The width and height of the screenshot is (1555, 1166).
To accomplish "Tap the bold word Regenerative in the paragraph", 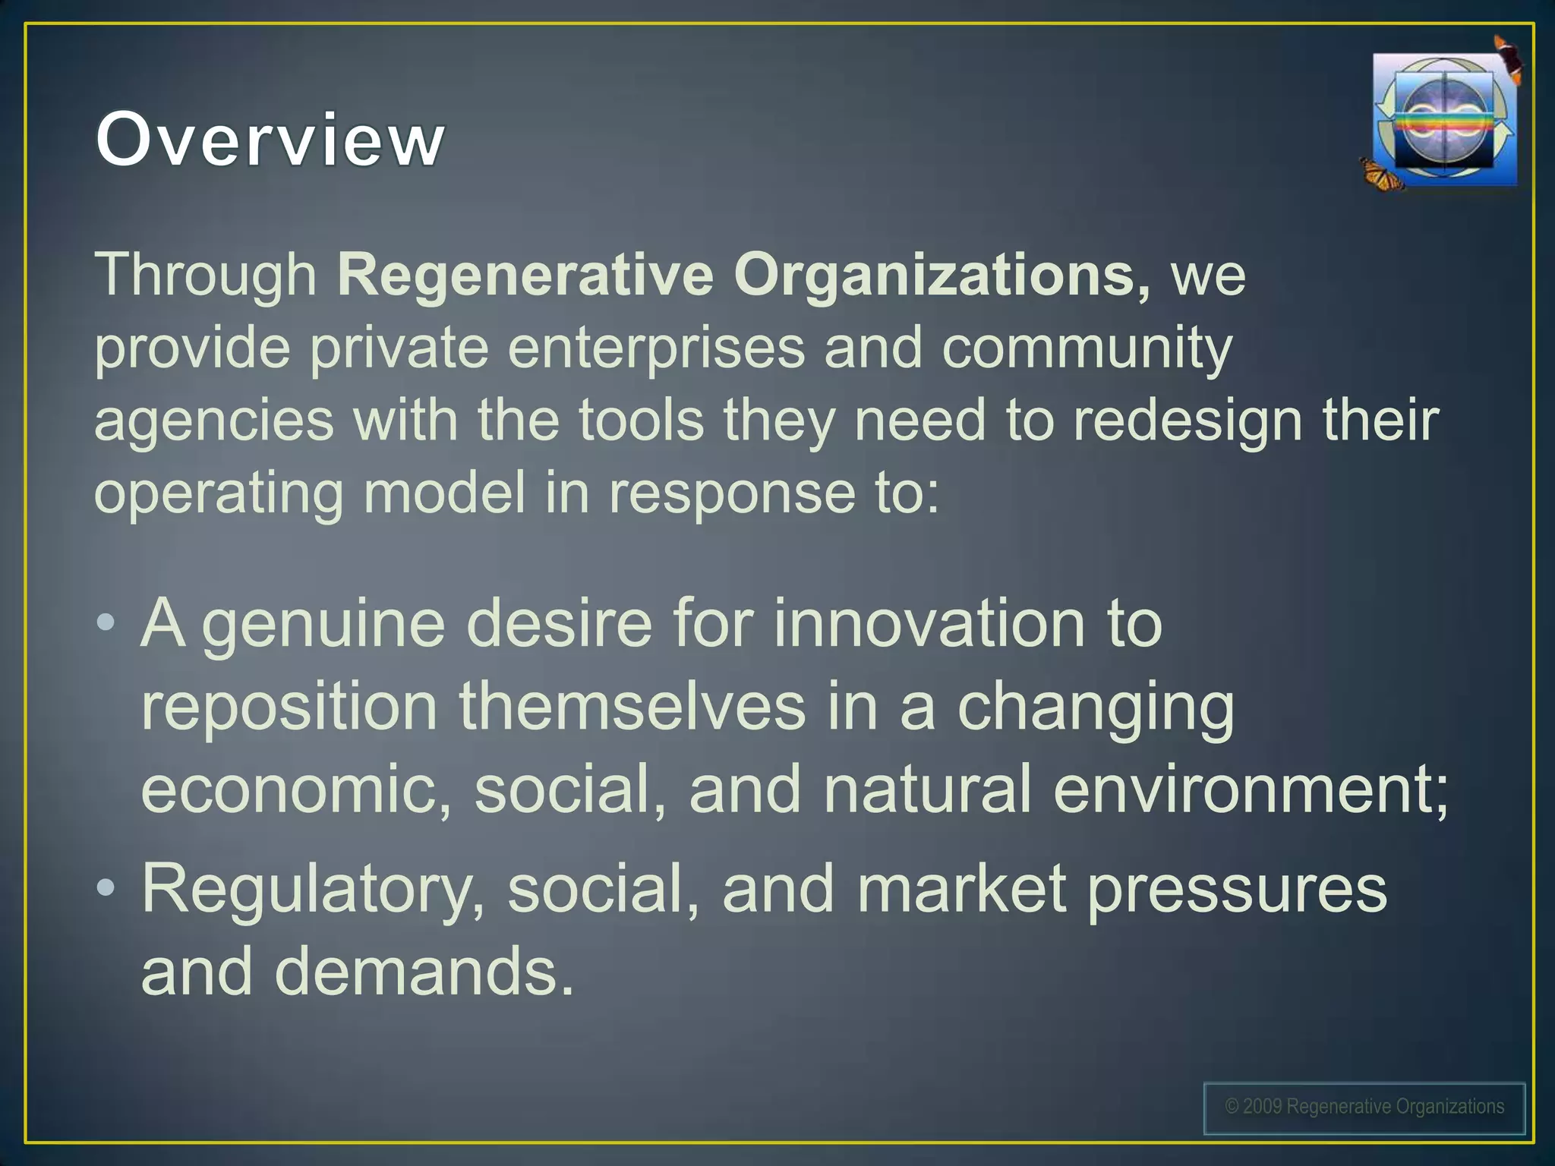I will pos(525,275).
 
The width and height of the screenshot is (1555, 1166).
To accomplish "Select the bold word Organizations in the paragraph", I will pos(942,275).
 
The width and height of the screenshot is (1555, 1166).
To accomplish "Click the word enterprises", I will pos(656,348).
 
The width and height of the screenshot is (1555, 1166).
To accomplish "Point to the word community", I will pos(1087,348).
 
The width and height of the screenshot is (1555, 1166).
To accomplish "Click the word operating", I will pos(219,493).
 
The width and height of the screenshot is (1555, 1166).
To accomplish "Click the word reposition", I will pos(289,707).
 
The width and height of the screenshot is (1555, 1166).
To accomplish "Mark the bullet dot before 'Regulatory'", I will pos(106,887).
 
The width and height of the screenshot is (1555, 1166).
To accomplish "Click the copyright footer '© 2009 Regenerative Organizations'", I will pos(1364,1107).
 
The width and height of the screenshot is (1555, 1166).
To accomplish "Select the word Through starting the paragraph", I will pos(205,275).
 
